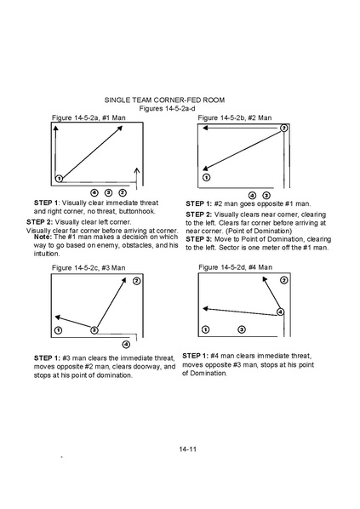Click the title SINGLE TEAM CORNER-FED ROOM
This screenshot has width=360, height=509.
click(x=164, y=100)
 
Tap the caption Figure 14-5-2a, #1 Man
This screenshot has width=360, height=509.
click(x=89, y=117)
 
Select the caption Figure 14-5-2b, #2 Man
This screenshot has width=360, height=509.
click(x=235, y=117)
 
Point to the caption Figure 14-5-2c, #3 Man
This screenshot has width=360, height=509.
click(x=89, y=268)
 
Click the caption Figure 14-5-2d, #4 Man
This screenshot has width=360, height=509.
click(x=236, y=267)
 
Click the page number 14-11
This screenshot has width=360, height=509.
click(x=187, y=449)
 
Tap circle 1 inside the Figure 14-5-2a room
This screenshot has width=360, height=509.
click(x=59, y=178)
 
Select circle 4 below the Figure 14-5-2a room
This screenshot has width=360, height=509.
click(x=94, y=193)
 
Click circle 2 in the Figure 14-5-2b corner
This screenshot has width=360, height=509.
click(x=283, y=128)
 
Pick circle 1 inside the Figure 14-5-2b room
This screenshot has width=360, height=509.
click(x=206, y=178)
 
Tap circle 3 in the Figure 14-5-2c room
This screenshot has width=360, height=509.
click(x=94, y=330)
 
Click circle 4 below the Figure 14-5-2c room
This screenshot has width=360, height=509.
click(x=126, y=344)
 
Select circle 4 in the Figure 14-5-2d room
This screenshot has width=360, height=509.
click(x=280, y=312)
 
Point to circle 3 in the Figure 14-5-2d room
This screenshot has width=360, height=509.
click(x=242, y=329)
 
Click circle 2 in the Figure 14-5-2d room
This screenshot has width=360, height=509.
click(x=283, y=280)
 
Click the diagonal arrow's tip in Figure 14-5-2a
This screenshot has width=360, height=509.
click(x=123, y=126)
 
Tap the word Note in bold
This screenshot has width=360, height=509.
click(x=43, y=237)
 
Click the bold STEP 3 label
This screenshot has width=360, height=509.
click(x=198, y=239)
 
